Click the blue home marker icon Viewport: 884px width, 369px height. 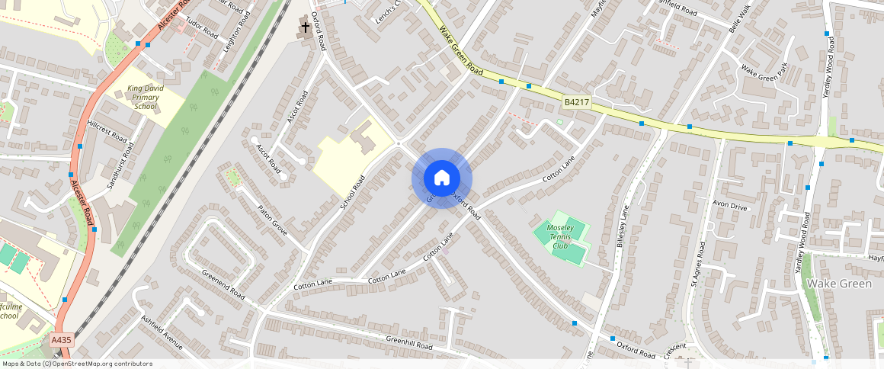pos(442,178)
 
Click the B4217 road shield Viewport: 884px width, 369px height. pos(578,102)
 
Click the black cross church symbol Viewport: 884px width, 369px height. pos(305,28)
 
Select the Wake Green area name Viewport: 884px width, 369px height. pos(838,284)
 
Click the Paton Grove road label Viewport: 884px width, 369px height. pos(271,220)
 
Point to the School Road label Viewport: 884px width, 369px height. pos(353,193)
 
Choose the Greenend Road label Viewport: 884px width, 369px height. pos(223,284)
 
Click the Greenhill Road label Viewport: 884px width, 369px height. pos(409,344)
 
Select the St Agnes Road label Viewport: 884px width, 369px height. pos(697,263)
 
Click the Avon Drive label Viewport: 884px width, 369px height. pos(729,205)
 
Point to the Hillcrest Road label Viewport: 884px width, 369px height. pos(107,131)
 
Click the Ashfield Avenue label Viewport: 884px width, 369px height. pos(162,332)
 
